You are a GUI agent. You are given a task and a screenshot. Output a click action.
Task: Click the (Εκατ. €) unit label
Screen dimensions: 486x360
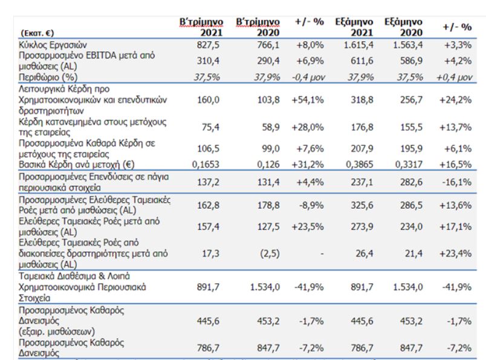37,33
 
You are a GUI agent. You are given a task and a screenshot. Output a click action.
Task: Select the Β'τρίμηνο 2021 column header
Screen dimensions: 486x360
201,27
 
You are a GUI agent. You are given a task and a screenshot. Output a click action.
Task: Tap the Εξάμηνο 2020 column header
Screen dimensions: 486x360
404,27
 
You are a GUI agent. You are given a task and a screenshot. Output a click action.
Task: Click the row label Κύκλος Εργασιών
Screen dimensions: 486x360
53,45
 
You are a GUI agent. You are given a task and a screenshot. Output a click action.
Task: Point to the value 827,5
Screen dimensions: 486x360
208,45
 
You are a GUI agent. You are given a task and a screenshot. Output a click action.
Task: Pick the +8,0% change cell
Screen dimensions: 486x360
310,45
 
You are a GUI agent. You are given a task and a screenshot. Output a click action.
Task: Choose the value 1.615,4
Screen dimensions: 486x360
358,45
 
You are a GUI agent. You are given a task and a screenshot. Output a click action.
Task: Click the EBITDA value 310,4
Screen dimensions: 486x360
208,61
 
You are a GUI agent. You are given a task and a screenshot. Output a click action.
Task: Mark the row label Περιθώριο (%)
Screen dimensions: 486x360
48,77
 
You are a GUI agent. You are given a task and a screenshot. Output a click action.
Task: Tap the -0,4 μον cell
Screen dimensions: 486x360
308,77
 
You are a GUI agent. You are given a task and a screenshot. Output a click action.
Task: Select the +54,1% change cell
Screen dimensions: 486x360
308,100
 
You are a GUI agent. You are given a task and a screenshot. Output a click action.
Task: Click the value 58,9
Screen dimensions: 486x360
271,127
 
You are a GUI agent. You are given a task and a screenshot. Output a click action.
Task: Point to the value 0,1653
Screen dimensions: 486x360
206,164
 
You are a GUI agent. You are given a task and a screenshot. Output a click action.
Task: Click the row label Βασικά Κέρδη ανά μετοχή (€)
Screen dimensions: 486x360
77,165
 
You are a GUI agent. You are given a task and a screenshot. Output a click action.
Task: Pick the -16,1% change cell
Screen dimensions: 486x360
457,182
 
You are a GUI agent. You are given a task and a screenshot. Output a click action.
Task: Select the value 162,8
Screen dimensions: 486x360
208,205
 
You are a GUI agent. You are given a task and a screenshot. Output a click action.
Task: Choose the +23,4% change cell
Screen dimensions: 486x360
455,254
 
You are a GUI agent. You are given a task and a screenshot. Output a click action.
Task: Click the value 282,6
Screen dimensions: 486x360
411,182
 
